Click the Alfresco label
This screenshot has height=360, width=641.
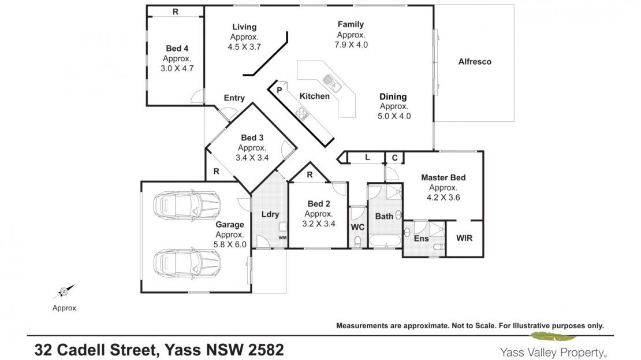click(475, 62)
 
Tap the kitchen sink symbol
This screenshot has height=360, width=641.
click(332, 83)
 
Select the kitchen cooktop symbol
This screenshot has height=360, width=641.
click(302, 113)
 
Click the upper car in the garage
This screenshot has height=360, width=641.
click(187, 204)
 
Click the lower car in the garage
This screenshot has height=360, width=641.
click(187, 263)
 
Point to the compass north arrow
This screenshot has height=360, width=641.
click(64, 291)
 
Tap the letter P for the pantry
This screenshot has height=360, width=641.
click(279, 90)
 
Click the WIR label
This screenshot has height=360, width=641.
click(464, 238)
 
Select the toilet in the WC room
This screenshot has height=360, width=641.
click(357, 242)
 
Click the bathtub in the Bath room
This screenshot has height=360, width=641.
click(385, 240)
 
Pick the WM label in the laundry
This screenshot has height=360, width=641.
click(282, 237)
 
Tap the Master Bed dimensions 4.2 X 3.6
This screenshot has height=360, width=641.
click(443, 198)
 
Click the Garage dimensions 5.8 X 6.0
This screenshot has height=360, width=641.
click(230, 244)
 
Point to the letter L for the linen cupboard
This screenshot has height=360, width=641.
click(367, 157)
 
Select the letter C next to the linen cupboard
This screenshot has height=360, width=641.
click(394, 158)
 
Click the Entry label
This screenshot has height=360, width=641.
click(234, 98)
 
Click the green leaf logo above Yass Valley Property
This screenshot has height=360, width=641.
click(553, 337)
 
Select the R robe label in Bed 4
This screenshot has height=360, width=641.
click(176, 12)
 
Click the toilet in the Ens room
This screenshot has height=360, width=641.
click(439, 247)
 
